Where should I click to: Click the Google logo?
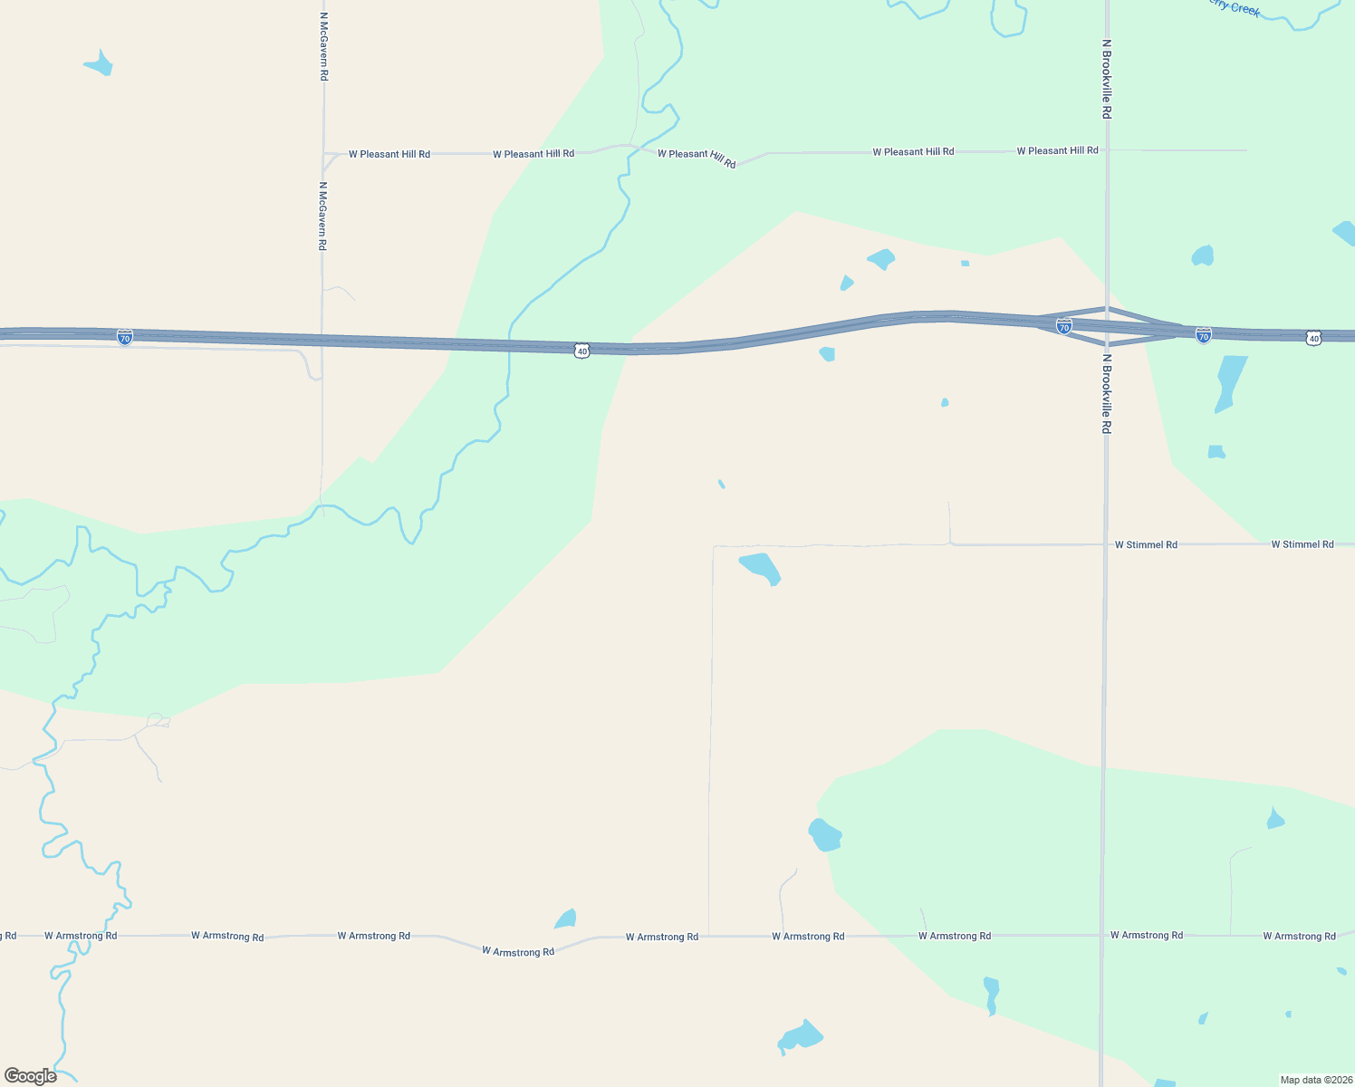tap(31, 1076)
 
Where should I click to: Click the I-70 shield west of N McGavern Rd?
tap(125, 337)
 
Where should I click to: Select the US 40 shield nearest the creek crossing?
tap(581, 350)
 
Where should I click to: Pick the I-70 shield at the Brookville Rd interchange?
tap(1064, 326)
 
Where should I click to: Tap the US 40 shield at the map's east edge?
tap(1313, 338)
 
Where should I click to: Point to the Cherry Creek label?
tap(1234, 7)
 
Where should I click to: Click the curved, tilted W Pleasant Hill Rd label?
tap(697, 159)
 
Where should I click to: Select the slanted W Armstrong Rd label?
tap(518, 951)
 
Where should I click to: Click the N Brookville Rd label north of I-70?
tap(1106, 79)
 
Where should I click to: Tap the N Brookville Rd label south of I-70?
tap(1106, 393)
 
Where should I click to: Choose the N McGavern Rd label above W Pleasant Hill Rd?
tap(323, 46)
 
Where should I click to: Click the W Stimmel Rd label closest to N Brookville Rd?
tap(1146, 544)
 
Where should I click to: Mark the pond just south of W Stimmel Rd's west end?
tap(761, 568)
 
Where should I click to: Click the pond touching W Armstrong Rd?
tap(566, 919)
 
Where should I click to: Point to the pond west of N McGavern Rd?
tap(99, 64)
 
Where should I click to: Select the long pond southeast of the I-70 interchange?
tap(1229, 382)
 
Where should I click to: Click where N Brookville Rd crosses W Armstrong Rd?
tap(1102, 935)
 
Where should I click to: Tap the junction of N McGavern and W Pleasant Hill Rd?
tap(323, 154)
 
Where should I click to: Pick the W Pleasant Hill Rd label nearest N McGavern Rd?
tap(389, 154)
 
